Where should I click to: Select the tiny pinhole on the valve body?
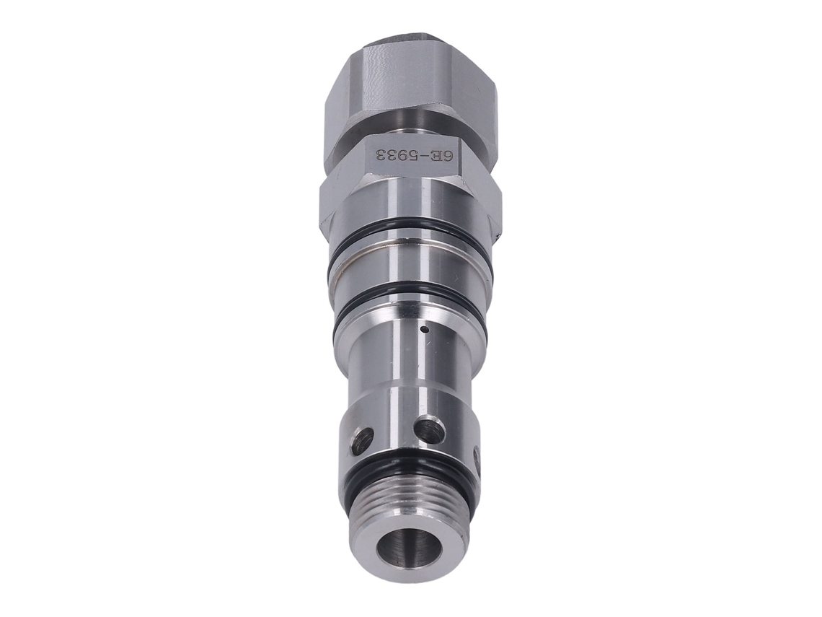click(425, 331)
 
